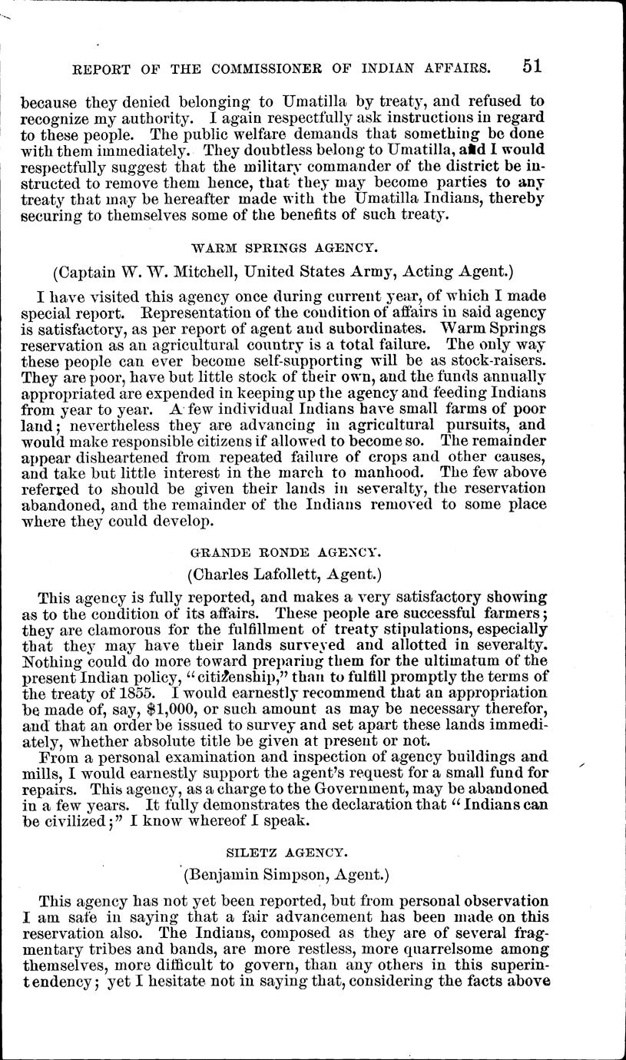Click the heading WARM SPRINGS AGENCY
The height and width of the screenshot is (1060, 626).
(x=283, y=248)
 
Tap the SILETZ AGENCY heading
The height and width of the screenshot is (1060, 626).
(x=283, y=850)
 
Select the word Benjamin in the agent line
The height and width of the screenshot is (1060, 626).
(x=220, y=873)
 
